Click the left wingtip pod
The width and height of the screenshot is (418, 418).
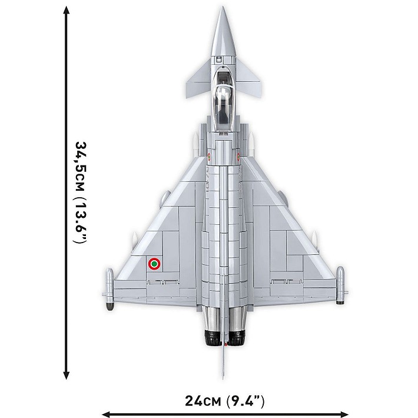click(109, 288)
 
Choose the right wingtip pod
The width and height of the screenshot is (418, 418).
click(340, 288)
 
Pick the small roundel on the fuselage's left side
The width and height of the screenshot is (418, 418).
click(209, 157)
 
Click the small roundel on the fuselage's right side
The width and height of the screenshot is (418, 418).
click(238, 157)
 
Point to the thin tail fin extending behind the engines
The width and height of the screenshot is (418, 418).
click(224, 362)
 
